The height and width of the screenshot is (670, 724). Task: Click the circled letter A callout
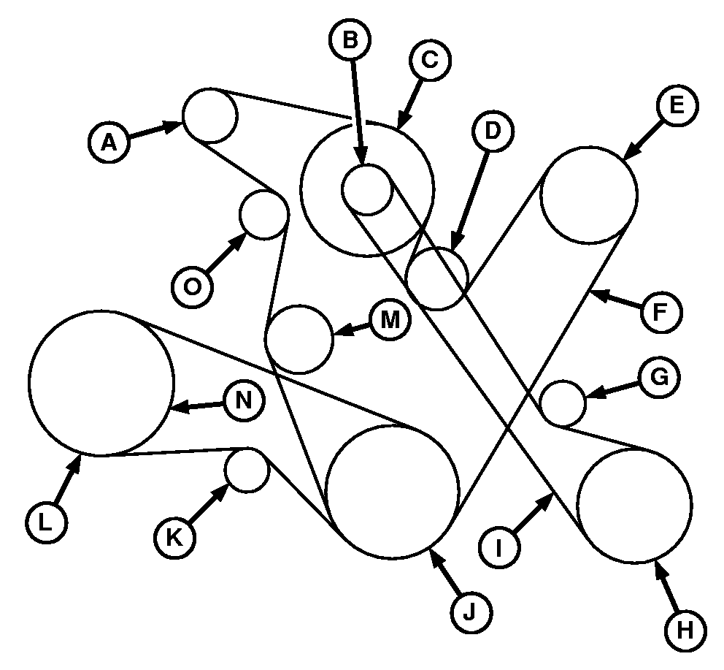coord(109,142)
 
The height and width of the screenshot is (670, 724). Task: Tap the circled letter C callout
coord(429,61)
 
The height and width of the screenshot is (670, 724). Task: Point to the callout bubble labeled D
coord(493,132)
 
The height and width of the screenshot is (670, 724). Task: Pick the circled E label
coord(676,105)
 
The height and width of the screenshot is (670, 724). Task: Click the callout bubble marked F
coord(661,312)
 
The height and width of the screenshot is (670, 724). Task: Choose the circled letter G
coord(659,378)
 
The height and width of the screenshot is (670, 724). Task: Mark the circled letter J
coord(471,610)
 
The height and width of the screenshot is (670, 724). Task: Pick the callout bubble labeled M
coord(390,322)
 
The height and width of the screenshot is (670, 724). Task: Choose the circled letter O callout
coord(193,286)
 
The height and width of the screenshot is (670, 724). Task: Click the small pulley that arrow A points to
coord(209,115)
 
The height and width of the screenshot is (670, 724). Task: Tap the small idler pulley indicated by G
coord(563,402)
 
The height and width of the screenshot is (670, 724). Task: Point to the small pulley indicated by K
coord(247,470)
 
